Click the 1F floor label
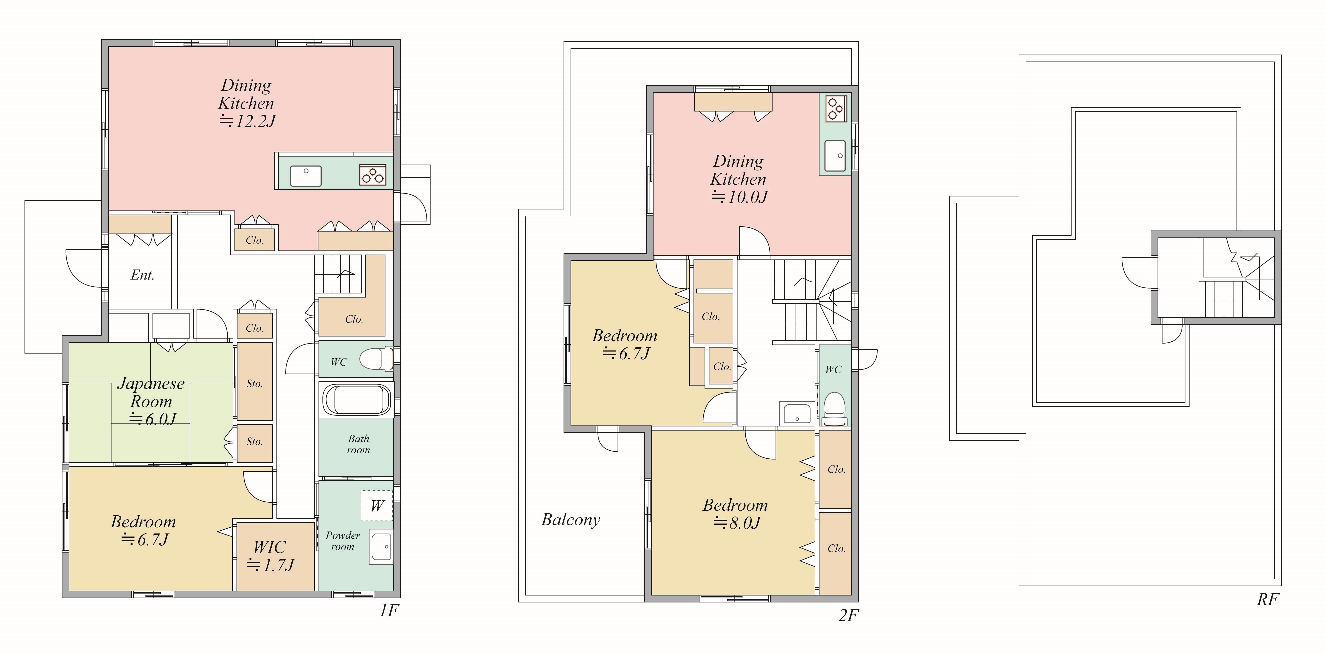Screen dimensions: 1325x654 [389, 610]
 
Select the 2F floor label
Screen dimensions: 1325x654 [848, 615]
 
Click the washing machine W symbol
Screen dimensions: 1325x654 [377, 505]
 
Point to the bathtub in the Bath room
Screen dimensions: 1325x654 [356, 399]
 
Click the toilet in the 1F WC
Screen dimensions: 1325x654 [377, 359]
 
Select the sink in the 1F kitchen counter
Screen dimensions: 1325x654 [306, 175]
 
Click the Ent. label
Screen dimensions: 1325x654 [142, 275]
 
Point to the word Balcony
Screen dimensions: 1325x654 [571, 520]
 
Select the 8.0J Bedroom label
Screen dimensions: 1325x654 [736, 514]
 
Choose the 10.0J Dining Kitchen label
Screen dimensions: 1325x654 [739, 179]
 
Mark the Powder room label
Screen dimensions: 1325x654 [343, 541]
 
